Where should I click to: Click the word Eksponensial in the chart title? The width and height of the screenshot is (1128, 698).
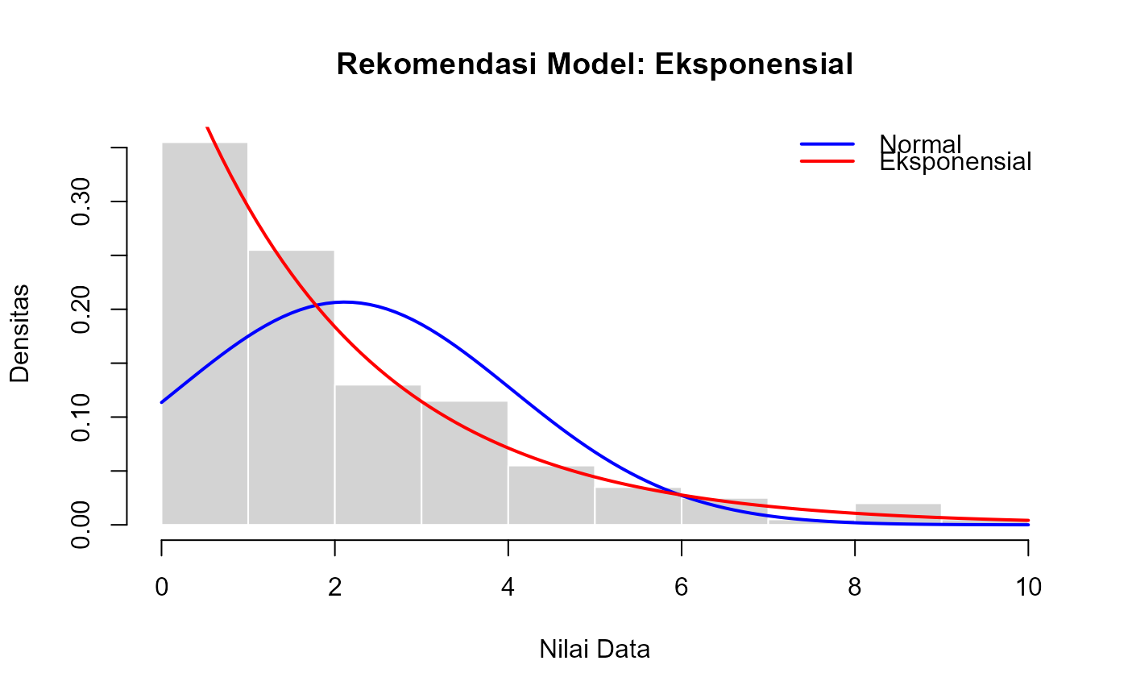(753, 64)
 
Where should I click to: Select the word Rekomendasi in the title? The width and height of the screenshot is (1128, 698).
(437, 64)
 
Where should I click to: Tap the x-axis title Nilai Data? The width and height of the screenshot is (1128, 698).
(595, 649)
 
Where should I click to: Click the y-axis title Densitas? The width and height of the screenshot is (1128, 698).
(20, 334)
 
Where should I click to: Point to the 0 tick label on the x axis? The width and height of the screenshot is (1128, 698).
(162, 588)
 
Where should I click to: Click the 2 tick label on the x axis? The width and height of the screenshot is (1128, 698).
(335, 588)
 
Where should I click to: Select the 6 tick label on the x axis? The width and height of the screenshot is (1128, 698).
(682, 588)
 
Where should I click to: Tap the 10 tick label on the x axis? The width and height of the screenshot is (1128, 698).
(1028, 588)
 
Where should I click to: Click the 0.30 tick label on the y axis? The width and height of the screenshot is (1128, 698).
(81, 202)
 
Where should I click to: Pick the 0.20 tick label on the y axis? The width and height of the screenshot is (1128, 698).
(81, 310)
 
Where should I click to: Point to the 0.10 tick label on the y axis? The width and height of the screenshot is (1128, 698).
(81, 417)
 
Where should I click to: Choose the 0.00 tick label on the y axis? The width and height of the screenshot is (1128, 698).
(81, 525)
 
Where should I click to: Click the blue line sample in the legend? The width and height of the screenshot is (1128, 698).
(827, 144)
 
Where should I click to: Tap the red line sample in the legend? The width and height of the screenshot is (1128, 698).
(827, 161)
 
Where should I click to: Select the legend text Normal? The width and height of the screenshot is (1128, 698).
(920, 144)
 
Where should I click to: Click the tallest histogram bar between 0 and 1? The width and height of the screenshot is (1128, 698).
(205, 334)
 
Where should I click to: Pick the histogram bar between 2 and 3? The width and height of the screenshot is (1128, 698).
(378, 455)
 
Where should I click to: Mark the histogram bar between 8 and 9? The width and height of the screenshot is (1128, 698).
(898, 513)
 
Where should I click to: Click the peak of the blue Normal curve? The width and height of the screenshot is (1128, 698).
(345, 302)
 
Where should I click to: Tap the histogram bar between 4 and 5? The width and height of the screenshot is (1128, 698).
(551, 495)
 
